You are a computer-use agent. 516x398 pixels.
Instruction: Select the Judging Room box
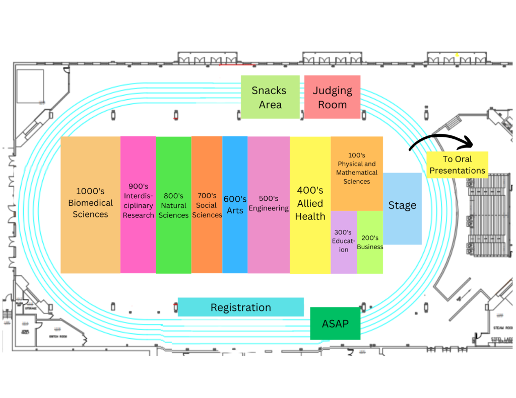(x=332, y=97)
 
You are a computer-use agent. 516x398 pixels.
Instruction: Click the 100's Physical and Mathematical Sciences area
(x=357, y=173)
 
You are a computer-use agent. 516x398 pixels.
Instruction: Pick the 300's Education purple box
(x=344, y=242)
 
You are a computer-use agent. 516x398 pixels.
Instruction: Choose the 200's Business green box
(x=370, y=242)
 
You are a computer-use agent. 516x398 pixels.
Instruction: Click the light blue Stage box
(x=402, y=208)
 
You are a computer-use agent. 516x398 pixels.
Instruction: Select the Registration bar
(x=240, y=307)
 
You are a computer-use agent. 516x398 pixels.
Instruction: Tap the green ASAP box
(x=335, y=323)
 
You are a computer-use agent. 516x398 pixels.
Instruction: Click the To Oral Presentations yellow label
(x=457, y=165)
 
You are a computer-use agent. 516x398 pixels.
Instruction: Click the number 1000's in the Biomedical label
(x=90, y=191)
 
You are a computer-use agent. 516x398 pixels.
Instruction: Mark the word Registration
(x=240, y=307)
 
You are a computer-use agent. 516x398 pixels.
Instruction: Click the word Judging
(x=332, y=91)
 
